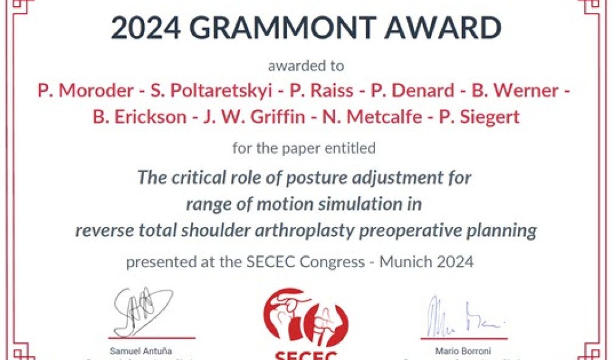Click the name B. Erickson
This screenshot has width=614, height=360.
click(x=139, y=116)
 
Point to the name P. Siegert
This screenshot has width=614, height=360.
click(x=479, y=116)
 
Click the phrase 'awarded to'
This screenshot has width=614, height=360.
click(x=306, y=66)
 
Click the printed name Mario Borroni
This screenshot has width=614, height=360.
click(x=464, y=351)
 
